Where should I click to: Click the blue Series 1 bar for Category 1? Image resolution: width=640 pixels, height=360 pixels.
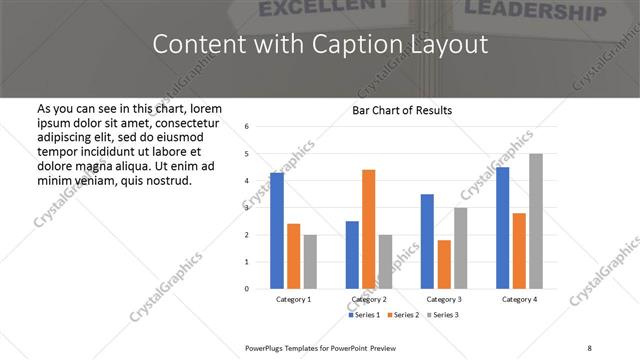click(x=277, y=231)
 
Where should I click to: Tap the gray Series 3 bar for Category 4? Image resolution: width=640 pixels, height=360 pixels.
click(x=536, y=221)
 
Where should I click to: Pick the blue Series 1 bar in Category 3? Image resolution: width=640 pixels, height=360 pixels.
click(x=427, y=241)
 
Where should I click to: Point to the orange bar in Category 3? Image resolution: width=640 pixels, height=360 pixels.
click(x=444, y=264)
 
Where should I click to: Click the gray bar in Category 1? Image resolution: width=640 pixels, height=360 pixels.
click(x=310, y=262)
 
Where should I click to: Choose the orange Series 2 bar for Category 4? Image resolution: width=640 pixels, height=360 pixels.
click(x=520, y=250)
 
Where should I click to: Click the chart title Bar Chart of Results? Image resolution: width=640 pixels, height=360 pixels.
click(x=402, y=110)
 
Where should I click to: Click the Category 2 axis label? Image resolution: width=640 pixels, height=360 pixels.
click(x=369, y=299)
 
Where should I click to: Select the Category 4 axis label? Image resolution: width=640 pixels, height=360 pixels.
click(x=519, y=299)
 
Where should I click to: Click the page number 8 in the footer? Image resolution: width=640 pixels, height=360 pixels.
click(x=589, y=347)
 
